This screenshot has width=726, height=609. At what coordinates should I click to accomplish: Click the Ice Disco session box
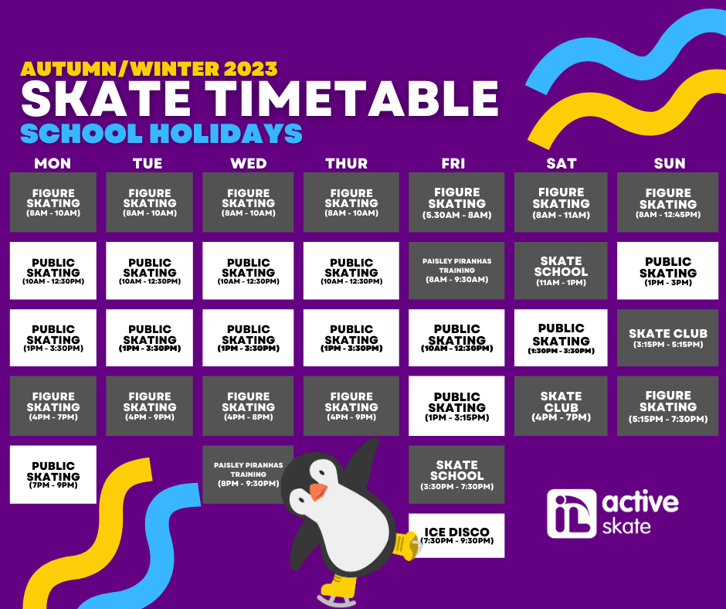(x=456, y=536)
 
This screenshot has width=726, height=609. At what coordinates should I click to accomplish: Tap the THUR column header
(x=346, y=164)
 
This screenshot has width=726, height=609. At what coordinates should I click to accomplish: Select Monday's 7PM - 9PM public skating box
(x=53, y=475)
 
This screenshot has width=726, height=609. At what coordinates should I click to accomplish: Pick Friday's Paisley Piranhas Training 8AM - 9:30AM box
(x=456, y=270)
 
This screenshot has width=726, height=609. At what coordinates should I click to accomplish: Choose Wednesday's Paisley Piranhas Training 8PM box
(x=248, y=475)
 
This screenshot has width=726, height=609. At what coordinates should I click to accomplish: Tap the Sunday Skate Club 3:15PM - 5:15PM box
(x=667, y=338)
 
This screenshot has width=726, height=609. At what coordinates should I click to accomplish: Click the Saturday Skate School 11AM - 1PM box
(x=561, y=270)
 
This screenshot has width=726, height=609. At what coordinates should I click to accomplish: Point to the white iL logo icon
(x=572, y=513)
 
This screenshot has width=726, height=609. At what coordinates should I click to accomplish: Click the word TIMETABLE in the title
(x=352, y=99)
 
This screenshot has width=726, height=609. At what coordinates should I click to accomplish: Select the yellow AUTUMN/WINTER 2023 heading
(x=149, y=69)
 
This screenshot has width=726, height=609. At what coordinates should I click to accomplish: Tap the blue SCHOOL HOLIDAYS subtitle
(x=161, y=134)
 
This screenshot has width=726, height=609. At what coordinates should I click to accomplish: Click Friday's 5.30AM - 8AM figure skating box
(x=456, y=202)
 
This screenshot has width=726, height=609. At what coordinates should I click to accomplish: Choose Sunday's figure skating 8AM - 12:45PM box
(x=667, y=202)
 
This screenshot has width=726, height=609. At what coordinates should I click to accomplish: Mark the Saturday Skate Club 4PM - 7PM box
(x=561, y=406)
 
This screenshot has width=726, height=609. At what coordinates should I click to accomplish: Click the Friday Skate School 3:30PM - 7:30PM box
(x=456, y=475)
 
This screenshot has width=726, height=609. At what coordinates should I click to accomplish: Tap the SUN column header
(x=670, y=164)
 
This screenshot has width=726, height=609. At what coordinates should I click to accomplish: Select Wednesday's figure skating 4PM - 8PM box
(x=248, y=406)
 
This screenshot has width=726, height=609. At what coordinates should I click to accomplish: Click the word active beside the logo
(x=640, y=502)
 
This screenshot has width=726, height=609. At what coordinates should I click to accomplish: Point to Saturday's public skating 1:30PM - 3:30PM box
(x=561, y=338)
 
